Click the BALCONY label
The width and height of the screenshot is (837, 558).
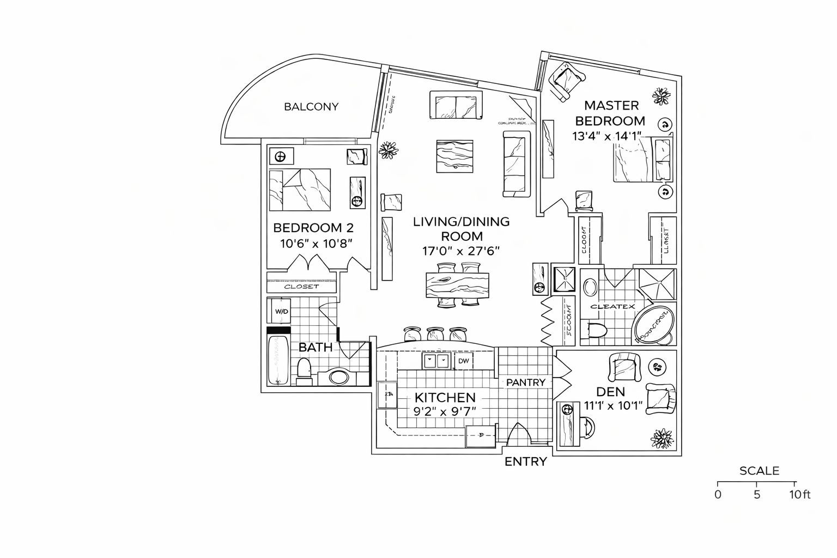[x=311, y=107]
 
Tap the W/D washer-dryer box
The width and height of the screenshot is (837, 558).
[x=281, y=311]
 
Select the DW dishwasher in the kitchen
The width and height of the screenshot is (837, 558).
[x=463, y=361]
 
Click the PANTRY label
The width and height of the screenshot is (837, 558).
[x=525, y=383]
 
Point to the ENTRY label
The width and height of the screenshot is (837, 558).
[x=525, y=462]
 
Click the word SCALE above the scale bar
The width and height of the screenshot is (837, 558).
[x=759, y=471]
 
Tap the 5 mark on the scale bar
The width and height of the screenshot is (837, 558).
[x=756, y=495]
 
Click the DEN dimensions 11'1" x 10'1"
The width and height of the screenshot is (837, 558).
[x=613, y=405]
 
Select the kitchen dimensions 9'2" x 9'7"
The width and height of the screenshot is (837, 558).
[x=445, y=411]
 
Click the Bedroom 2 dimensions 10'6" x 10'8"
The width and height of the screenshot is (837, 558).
[x=317, y=243]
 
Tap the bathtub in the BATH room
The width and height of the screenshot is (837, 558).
[x=278, y=360]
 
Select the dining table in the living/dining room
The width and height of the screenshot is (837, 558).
[x=458, y=285]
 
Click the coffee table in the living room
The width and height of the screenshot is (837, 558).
[x=455, y=157]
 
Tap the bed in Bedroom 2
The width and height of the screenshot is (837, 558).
[x=300, y=190]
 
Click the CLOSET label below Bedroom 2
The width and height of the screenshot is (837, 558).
[x=301, y=287]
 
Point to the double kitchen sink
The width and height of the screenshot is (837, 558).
[x=436, y=360]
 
